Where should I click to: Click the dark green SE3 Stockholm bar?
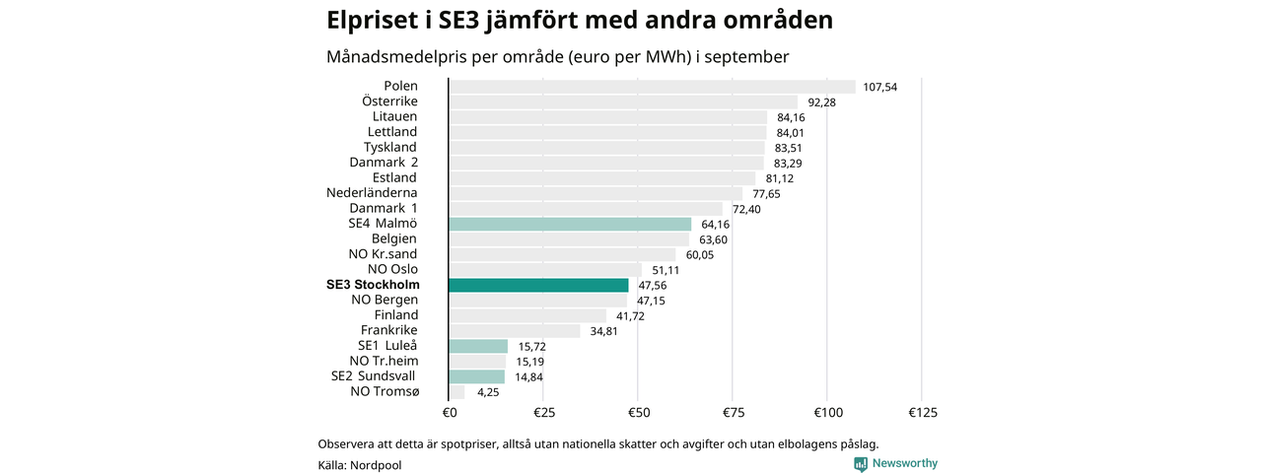click(x=538, y=285)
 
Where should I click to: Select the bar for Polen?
click(x=652, y=86)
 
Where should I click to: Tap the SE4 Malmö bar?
click(x=570, y=224)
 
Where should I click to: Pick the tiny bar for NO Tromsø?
click(x=456, y=392)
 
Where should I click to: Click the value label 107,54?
click(x=879, y=87)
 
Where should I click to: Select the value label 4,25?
click(x=489, y=392)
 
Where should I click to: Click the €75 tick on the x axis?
click(x=733, y=412)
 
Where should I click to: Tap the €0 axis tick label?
click(x=449, y=412)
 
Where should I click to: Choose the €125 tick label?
click(x=922, y=412)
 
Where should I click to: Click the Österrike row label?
click(x=389, y=101)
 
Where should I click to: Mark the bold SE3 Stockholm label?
click(x=372, y=285)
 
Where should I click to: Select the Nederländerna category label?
click(x=372, y=193)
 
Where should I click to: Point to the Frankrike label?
click(x=388, y=330)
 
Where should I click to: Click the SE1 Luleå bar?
click(x=478, y=346)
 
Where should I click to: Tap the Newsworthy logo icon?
click(x=861, y=463)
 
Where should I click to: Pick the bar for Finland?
click(x=527, y=315)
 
